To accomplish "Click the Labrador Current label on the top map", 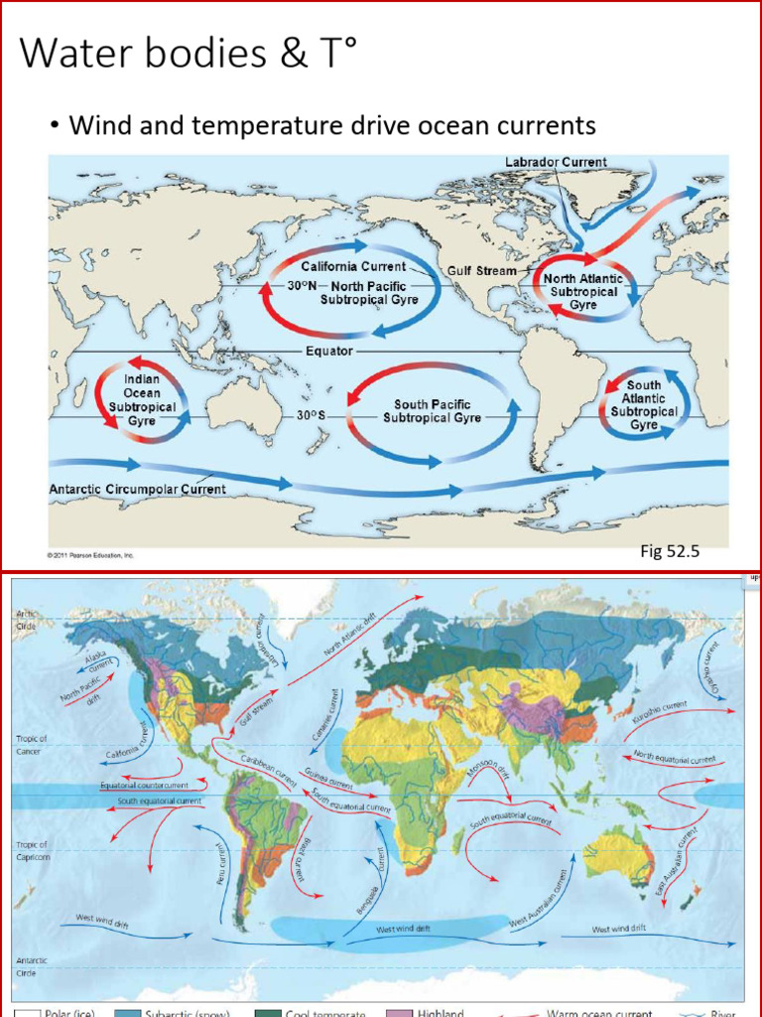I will click(x=556, y=162).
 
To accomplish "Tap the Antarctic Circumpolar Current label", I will click(x=137, y=489).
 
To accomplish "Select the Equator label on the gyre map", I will click(x=329, y=352).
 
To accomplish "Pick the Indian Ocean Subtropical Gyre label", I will click(x=142, y=400).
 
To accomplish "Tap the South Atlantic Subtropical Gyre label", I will click(x=644, y=404).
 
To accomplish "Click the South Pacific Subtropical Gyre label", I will click(x=432, y=411).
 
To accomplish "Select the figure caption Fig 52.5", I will click(x=670, y=551).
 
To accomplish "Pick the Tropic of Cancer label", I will click(x=32, y=744).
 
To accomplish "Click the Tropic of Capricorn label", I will click(x=32, y=849).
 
